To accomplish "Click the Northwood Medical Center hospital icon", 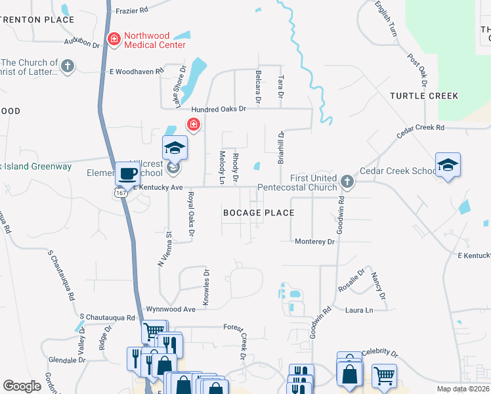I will point(114,39).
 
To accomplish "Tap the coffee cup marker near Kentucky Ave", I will point(127,174).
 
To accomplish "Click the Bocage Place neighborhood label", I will point(259,213).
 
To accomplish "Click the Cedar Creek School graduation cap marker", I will point(448,165).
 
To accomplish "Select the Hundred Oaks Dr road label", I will point(218,110).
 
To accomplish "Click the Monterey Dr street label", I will point(314,242).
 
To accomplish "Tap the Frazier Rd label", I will point(132,11).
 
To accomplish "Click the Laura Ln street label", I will point(360,309).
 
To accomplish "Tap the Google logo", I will point(22,385).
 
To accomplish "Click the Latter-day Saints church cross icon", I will point(67,66).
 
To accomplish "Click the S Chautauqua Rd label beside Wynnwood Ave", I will point(107,317).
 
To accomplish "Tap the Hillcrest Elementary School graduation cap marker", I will point(175,148).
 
